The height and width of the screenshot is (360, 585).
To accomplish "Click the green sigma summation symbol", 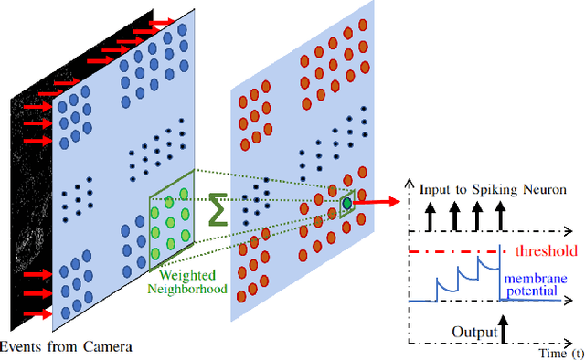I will (x=216, y=208).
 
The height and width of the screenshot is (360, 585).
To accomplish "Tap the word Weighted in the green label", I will (x=186, y=273).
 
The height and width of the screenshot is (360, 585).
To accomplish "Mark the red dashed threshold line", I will (x=457, y=251).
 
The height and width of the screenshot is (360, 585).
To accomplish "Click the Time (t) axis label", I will (x=560, y=353).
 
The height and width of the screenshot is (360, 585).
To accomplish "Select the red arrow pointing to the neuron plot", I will (x=379, y=201).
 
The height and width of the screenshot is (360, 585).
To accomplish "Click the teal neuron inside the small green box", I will (x=347, y=203).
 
